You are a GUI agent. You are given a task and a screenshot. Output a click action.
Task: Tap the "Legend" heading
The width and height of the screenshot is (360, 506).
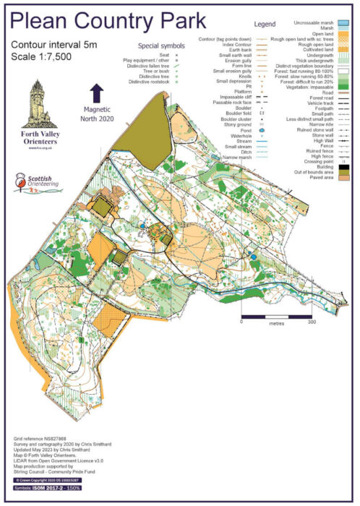[x=265, y=24]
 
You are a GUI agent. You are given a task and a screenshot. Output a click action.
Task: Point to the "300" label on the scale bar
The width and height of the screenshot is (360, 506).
[x=312, y=323]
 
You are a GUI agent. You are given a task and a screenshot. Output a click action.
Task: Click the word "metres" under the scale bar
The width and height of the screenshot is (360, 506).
[x=276, y=324]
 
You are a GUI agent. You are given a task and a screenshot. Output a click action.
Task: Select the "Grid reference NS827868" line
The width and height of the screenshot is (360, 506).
[x=42, y=438]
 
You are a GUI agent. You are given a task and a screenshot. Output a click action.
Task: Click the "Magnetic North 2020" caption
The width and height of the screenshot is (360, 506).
[x=96, y=112]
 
